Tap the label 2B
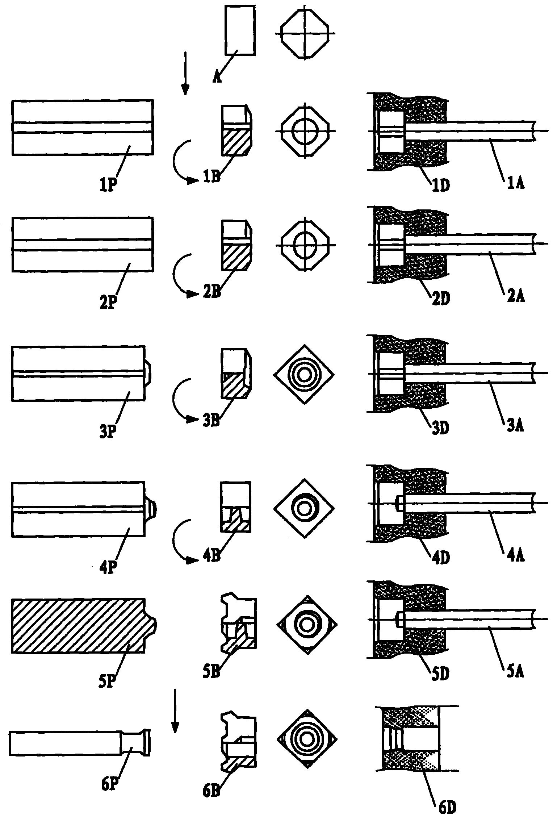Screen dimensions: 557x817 [212, 292]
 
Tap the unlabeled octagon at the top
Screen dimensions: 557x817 [305, 33]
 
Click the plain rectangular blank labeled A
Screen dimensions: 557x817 [240, 30]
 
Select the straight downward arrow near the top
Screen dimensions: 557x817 [185, 73]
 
